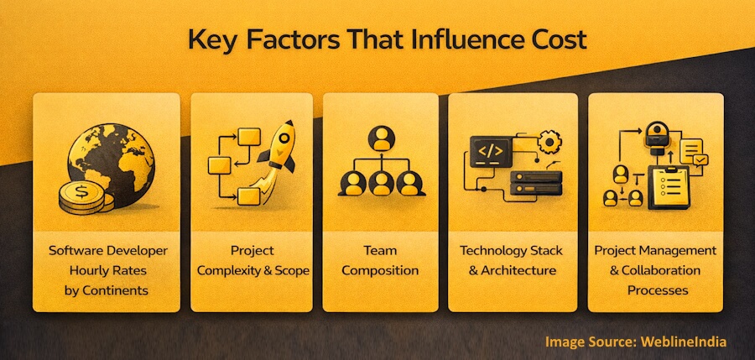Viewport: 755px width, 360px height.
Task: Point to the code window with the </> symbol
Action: click(490, 151)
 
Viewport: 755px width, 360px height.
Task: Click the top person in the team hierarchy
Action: click(382, 137)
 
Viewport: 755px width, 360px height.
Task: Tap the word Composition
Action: click(381, 271)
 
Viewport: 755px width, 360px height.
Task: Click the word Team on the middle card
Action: click(381, 251)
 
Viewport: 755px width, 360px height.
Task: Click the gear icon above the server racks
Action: click(549, 143)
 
